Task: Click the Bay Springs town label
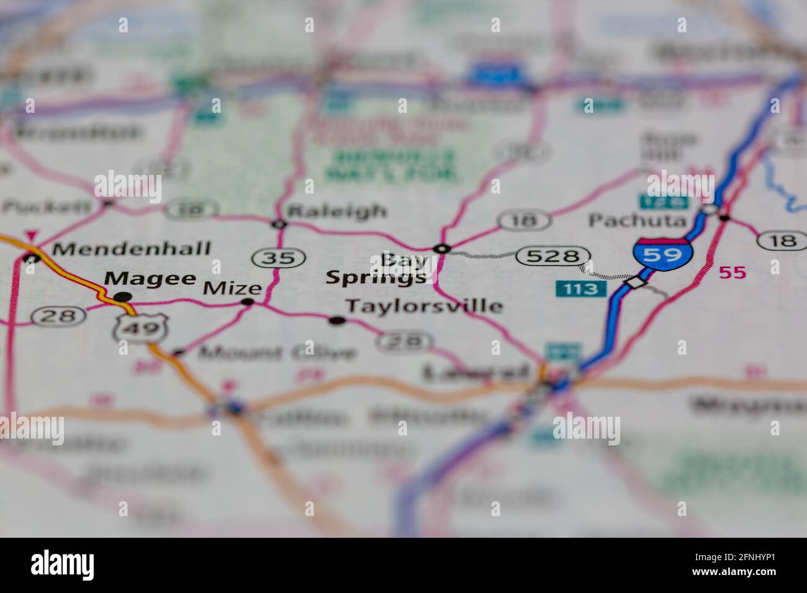coord(377,269)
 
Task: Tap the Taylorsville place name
coord(424,306)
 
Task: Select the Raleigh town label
coord(337,211)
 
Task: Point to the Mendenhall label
coord(132,249)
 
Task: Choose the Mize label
coord(233,288)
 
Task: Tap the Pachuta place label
coord(638,220)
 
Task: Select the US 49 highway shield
coord(142,327)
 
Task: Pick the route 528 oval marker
coord(552,256)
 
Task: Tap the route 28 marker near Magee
coord(58,316)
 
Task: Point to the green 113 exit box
coord(580,288)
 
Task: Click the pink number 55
coord(733,272)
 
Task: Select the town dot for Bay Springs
coord(442,249)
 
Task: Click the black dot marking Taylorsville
coord(337,321)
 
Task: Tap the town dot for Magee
coord(123,296)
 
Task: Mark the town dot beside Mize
coord(248,302)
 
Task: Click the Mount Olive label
coord(277,353)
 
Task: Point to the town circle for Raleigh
coord(280,224)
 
